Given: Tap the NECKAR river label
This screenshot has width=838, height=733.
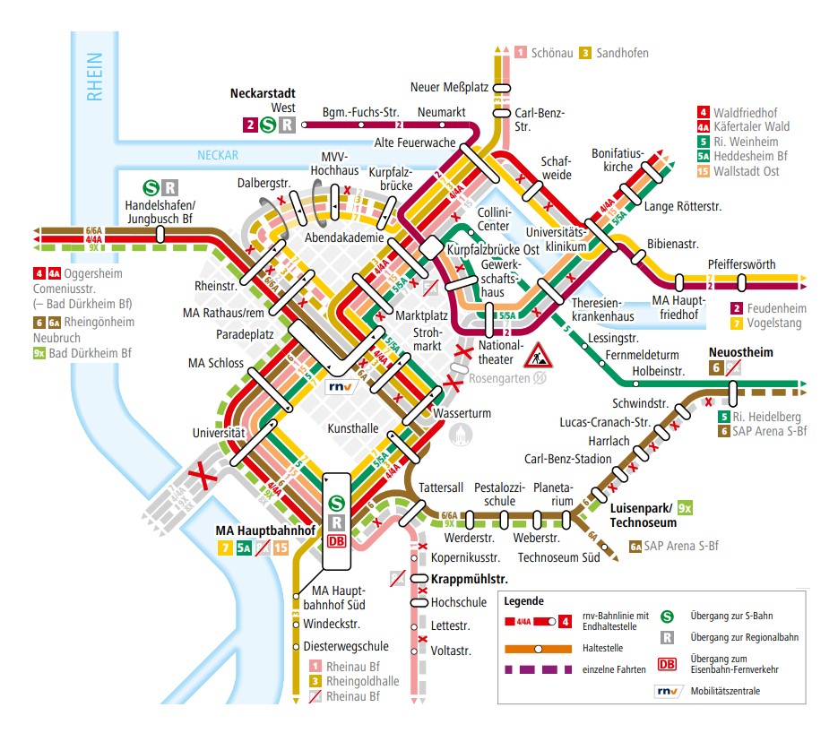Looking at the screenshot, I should tap(218, 156).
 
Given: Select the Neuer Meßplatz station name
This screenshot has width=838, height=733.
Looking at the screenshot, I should tap(448, 87).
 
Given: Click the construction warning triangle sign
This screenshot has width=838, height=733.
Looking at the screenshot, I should tap(540, 354).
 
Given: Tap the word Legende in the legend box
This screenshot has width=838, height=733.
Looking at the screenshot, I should tap(523, 600).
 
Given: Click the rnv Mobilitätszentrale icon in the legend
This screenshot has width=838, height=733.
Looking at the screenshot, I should tap(668, 691).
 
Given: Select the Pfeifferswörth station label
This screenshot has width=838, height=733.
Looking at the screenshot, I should tap(741, 264).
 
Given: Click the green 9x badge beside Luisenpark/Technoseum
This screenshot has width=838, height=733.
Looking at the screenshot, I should tap(687, 509).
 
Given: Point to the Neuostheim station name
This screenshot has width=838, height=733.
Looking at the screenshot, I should tap(740, 352).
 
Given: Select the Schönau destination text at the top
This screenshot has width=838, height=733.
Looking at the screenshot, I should tap(551, 53).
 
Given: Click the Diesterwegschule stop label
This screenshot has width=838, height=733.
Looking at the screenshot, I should tap(345, 645).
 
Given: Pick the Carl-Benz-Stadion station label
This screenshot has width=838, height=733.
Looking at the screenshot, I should tap(567, 460).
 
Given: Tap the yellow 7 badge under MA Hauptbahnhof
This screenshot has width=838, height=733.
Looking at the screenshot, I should tap(225, 548).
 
